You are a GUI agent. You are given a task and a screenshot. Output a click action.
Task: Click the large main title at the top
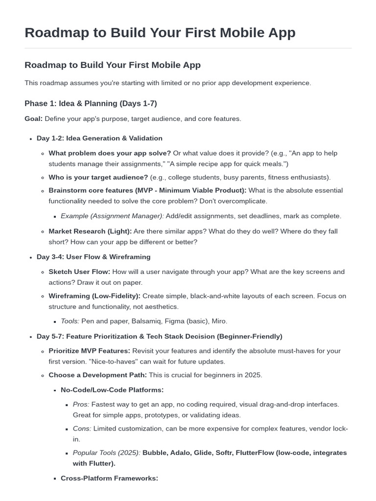[160, 32]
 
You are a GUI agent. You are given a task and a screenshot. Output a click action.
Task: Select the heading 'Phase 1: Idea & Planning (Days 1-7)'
[91, 103]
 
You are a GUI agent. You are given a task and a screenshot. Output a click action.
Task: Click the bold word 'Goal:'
[34, 119]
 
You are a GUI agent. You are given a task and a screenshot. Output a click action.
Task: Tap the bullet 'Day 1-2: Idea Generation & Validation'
[99, 138]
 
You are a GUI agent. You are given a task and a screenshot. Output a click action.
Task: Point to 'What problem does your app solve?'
[110, 153]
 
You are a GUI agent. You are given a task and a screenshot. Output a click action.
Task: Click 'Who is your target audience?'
[98, 177]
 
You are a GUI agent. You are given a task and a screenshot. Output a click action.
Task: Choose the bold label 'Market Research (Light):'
[90, 231]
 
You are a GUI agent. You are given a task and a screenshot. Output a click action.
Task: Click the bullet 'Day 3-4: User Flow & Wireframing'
[94, 257]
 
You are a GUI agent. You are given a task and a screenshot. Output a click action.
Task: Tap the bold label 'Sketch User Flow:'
[79, 272]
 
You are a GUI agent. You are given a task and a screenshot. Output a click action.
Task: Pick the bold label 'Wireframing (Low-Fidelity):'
[94, 296]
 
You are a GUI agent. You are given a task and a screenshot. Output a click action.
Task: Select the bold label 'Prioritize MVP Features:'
[89, 351]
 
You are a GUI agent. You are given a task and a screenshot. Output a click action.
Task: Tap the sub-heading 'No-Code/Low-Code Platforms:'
[112, 390]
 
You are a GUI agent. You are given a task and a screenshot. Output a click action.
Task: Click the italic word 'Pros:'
[81, 405]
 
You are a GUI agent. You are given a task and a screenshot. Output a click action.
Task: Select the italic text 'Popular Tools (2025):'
[107, 453]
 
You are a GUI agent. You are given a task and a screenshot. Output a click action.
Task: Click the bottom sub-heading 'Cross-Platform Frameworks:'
[109, 478]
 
